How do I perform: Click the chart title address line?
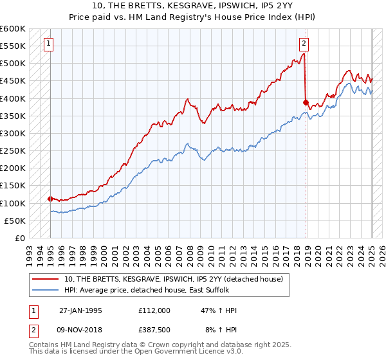[193, 7]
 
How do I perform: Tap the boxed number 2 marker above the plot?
[304, 44]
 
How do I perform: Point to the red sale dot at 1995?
[50, 199]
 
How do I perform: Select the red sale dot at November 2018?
[306, 102]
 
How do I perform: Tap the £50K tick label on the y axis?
[15, 221]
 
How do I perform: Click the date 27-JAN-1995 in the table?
[80, 310]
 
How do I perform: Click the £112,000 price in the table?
[154, 310]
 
